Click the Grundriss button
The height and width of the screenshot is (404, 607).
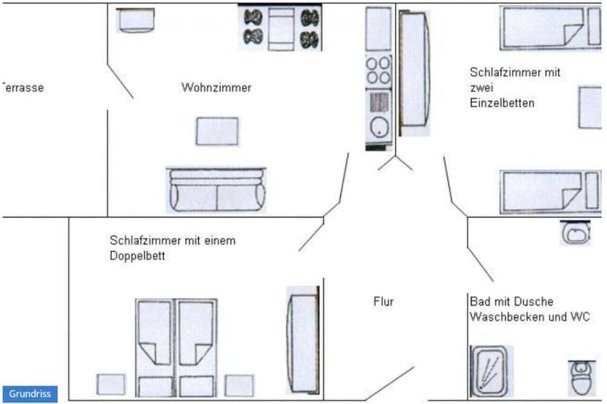pos(30,393)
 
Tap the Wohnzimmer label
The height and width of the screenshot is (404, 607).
pos(216,88)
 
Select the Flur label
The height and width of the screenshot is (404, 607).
pos(383,301)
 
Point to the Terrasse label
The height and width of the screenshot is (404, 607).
pos(22,88)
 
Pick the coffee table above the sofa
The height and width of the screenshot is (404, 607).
pos(217,132)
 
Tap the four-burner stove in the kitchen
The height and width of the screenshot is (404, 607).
pos(378,70)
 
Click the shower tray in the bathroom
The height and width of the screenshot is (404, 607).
pos(489,371)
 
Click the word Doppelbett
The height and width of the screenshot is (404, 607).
pos(138,256)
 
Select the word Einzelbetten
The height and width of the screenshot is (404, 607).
pos(502,103)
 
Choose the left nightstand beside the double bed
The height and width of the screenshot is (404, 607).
pos(111,385)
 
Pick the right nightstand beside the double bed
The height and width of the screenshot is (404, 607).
pos(239,385)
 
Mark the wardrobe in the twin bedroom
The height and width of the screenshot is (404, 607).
pos(415,73)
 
